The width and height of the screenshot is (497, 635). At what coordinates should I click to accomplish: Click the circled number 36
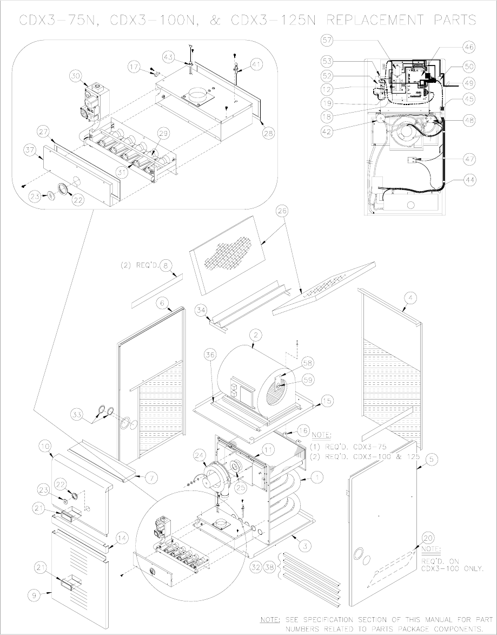tap(210, 355)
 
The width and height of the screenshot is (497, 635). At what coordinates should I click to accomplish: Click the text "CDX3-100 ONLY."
tap(451, 568)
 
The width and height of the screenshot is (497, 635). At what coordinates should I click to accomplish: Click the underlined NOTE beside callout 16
tap(321, 434)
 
